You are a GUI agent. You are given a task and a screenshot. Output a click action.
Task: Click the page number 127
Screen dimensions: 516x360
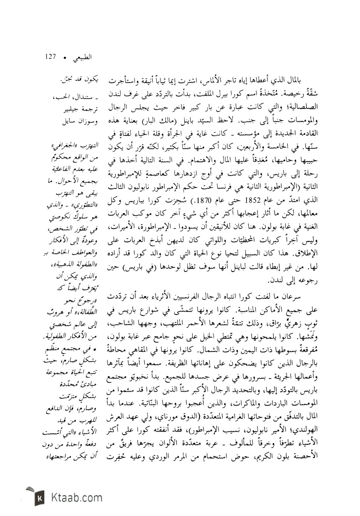pos(50,57)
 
